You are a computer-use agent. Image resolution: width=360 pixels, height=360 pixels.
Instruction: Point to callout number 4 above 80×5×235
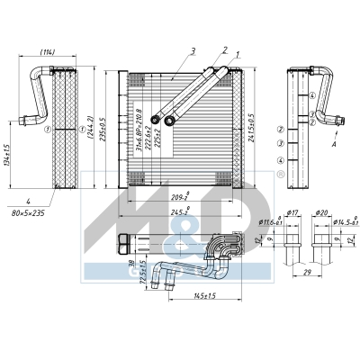click(x=28, y=202)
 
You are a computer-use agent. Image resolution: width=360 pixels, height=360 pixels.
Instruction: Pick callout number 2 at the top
click(x=224, y=51)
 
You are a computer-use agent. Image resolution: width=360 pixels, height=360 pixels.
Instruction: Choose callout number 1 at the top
click(x=238, y=57)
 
